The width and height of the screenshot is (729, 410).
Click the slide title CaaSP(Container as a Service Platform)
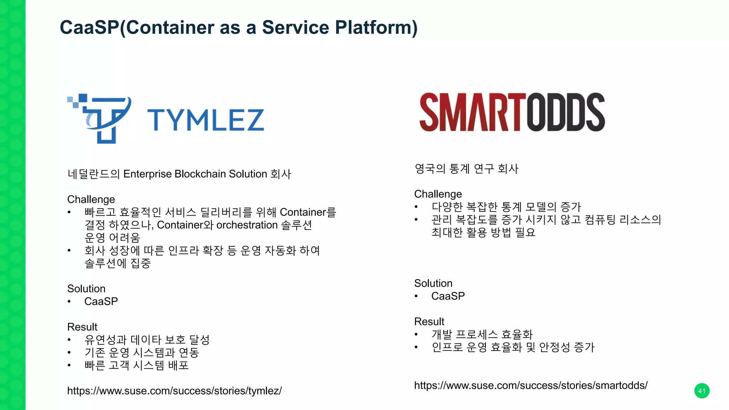(238, 27)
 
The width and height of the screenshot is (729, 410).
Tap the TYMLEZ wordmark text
(206, 120)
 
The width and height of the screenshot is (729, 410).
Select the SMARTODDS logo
(512, 112)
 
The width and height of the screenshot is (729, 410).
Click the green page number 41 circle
(702, 391)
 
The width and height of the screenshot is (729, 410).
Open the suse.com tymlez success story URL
(174, 391)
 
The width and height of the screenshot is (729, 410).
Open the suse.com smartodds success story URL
(531, 385)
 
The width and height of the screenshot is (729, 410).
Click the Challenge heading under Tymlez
(91, 199)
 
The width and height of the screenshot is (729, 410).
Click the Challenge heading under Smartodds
(438, 194)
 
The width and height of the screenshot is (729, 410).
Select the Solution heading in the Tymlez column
(86, 289)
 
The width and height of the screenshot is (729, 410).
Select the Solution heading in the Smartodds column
(433, 283)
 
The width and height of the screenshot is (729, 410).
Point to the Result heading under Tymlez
(82, 327)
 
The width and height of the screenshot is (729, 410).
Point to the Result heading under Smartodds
(429, 322)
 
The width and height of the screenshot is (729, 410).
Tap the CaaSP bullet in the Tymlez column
(101, 301)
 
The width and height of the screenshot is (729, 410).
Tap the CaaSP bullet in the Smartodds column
(448, 296)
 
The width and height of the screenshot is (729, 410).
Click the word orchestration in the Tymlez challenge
(247, 225)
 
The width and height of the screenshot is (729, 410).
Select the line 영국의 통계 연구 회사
(466, 169)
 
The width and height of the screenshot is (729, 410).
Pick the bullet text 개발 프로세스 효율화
(482, 335)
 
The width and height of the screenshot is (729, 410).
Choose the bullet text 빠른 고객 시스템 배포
(137, 365)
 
